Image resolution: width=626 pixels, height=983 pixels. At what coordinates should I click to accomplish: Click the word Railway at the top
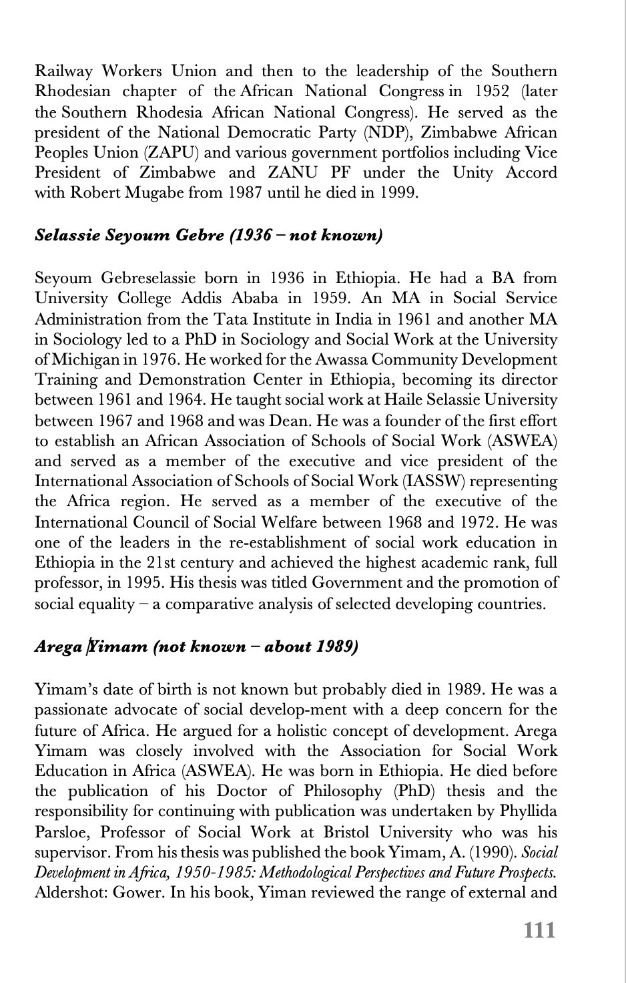[64, 71]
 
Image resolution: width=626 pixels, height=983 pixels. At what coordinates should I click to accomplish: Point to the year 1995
[139, 582]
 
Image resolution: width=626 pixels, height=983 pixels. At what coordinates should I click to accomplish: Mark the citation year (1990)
[497, 852]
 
